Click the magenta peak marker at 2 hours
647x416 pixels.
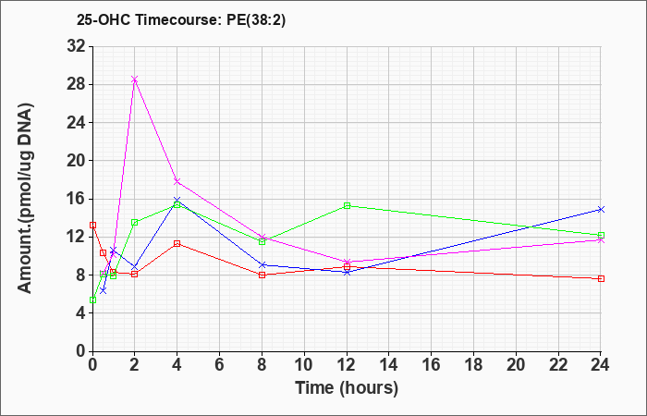(135, 80)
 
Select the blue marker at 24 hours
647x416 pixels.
(601, 209)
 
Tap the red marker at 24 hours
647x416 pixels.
(601, 278)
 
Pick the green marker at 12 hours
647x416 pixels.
(347, 205)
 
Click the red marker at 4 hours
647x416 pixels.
(177, 243)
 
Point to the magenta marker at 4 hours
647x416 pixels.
(177, 181)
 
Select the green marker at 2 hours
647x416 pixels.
(135, 222)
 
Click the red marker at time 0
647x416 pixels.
(92, 225)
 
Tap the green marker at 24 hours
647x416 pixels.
(601, 235)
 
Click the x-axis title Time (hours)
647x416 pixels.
(347, 387)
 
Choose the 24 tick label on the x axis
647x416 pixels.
(601, 365)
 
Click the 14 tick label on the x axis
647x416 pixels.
(389, 365)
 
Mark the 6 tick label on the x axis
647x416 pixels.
(219, 365)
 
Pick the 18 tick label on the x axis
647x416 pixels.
(473, 365)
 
